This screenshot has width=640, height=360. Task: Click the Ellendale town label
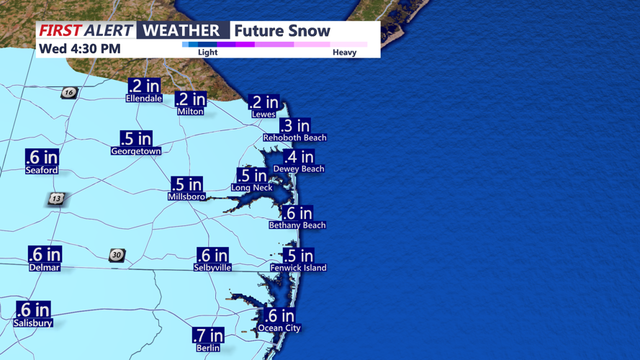[143, 98]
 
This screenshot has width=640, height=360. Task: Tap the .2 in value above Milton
[191, 100]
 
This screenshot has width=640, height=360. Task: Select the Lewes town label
[263, 114]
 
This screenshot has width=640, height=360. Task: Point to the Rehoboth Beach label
[294, 138]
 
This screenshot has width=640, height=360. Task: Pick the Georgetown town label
[135, 151]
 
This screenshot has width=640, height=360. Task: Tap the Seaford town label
[41, 171]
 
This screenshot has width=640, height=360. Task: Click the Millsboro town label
[186, 197]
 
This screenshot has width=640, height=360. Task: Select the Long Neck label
[251, 188]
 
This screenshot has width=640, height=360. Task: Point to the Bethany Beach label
[297, 225]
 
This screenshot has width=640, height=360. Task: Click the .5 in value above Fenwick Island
[298, 256]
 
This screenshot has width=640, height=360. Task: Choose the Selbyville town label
[212, 267]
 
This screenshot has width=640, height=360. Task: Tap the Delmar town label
[45, 267]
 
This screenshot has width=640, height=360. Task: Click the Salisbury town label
[33, 323]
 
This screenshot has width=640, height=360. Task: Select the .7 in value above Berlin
[207, 335]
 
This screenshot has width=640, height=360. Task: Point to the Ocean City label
[279, 328]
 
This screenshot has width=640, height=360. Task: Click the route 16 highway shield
[69, 93]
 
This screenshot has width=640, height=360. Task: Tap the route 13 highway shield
[56, 199]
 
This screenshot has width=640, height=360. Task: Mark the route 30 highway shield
[117, 255]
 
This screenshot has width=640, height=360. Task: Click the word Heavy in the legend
[344, 53]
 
